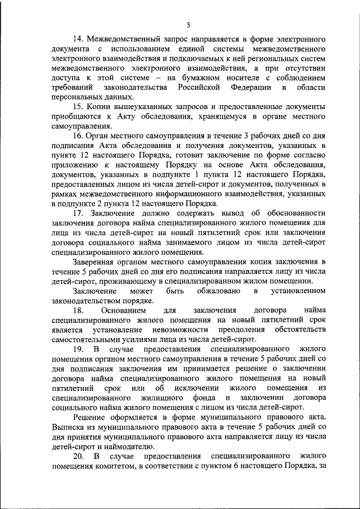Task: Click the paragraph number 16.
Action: [x=78, y=137]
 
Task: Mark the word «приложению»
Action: [x=74, y=166]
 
